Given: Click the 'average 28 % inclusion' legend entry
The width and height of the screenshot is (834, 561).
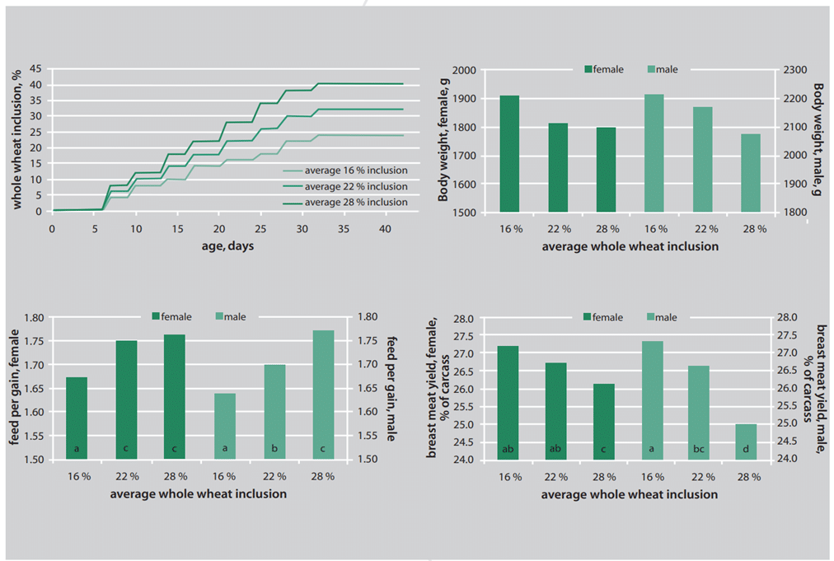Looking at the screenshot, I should (x=355, y=202).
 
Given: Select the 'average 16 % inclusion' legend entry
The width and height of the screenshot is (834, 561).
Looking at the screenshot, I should (x=355, y=171).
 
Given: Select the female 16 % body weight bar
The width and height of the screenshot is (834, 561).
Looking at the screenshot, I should (x=510, y=154).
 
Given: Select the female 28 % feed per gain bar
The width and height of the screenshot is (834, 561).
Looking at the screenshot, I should (x=175, y=396).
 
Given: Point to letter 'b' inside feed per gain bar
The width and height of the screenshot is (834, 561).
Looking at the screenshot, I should (x=274, y=449).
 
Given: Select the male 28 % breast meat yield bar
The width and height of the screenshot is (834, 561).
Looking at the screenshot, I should (x=746, y=442).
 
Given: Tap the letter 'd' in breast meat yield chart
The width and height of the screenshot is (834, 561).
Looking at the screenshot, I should (x=746, y=449).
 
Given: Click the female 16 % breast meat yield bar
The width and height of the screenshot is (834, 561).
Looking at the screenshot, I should (x=508, y=402).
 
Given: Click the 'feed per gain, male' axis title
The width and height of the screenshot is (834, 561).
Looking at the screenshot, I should (x=391, y=387).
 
